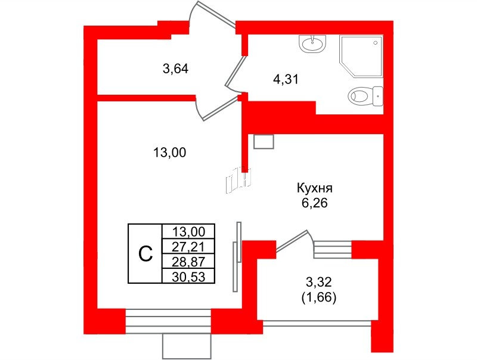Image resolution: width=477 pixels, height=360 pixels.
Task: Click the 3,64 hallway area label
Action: (175, 69)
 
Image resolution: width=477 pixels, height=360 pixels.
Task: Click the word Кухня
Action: (314, 189)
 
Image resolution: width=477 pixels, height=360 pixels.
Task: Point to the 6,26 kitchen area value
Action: (314, 203)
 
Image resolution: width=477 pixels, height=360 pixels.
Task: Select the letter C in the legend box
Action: (145, 254)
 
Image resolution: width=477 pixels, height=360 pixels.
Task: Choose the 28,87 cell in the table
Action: (188, 262)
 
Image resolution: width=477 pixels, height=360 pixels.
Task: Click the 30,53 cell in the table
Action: (188, 276)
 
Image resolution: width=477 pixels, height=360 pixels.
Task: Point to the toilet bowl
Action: (364, 95)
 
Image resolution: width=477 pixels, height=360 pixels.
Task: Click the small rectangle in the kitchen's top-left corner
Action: (263, 141)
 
